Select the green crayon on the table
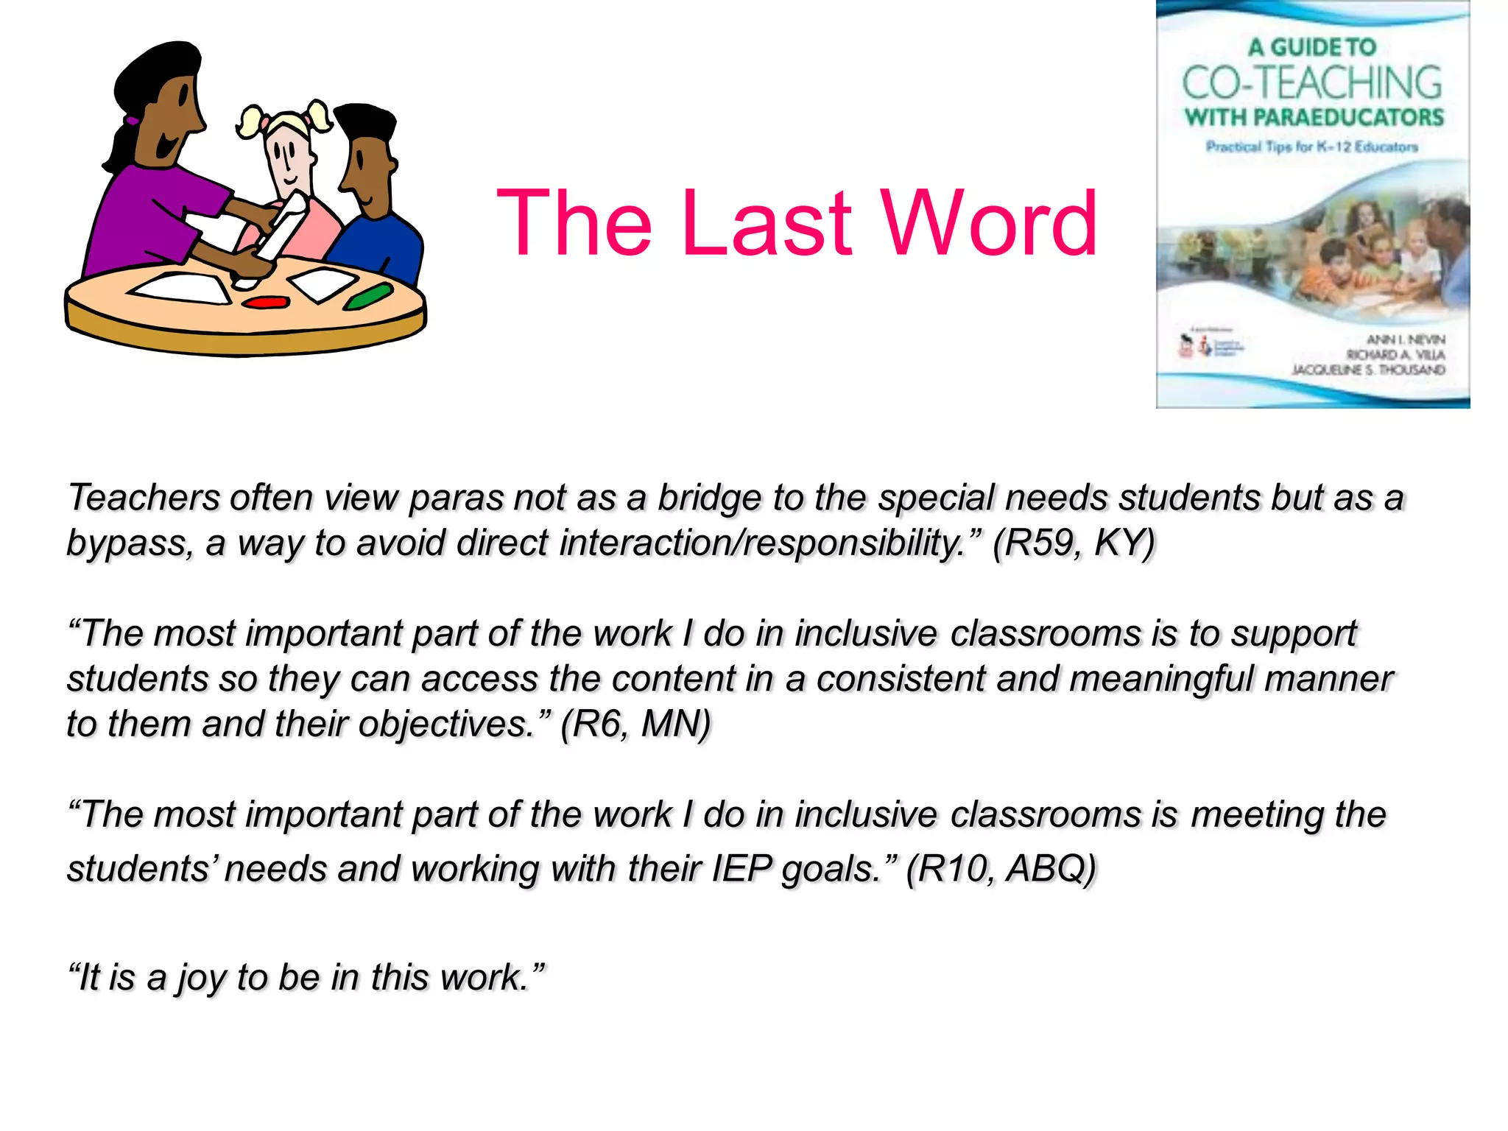368,296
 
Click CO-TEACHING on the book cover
1312,82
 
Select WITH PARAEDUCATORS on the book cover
1314,117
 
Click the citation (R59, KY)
1074,543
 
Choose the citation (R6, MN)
635,724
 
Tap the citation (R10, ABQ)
1001,868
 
